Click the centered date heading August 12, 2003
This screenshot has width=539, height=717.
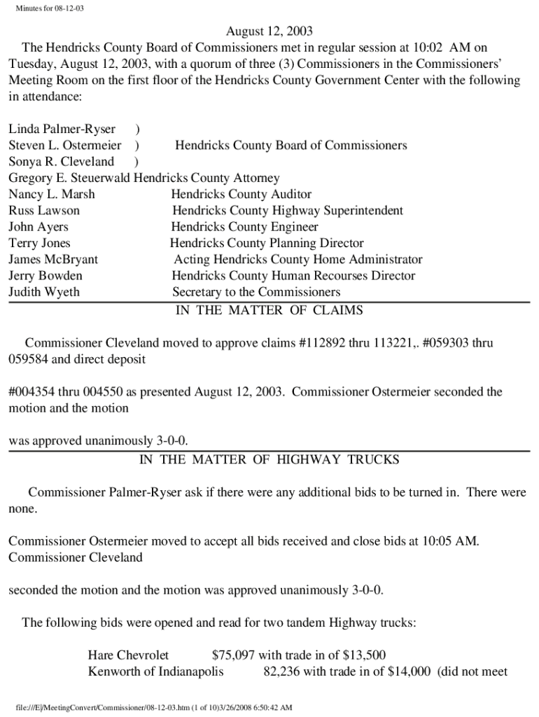269,32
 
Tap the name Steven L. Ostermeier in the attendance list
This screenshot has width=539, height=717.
64,146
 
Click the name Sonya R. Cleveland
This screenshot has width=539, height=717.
61,162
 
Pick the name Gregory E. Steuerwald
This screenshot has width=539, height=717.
69,178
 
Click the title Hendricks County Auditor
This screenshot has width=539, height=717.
241,194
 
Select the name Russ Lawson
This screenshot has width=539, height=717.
44,210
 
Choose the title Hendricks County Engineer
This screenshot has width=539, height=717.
244,227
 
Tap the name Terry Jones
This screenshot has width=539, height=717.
39,243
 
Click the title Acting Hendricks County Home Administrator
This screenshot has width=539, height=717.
298,260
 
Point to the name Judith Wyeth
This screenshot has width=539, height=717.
44,292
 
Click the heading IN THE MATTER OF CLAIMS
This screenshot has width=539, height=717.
269,310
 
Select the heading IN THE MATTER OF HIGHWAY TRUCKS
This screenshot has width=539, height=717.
269,460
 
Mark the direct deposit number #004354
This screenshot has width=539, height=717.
31,392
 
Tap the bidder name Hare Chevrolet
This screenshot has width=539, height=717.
128,655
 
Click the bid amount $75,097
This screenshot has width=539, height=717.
233,655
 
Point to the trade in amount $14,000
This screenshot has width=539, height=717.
404,672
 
